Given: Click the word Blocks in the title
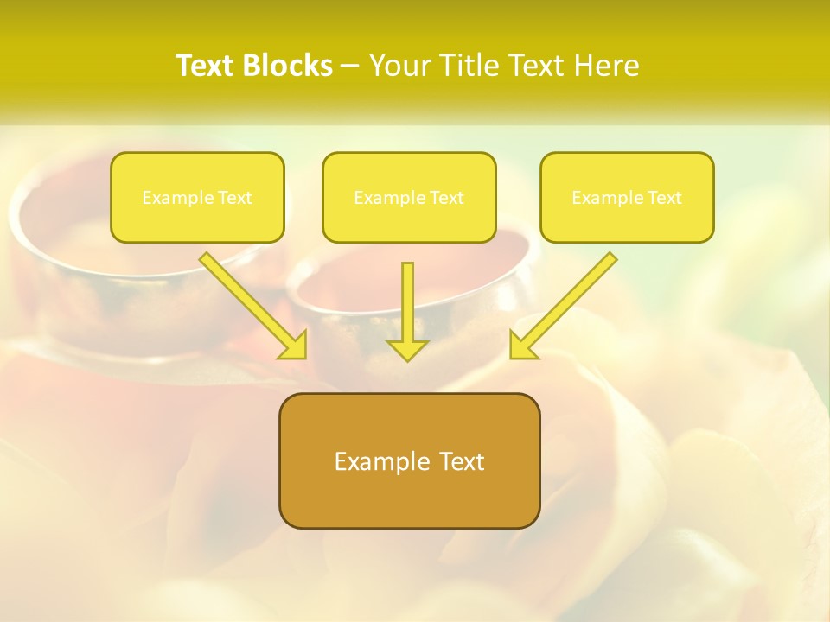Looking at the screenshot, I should [x=290, y=66].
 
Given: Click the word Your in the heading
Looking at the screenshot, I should [x=396, y=66].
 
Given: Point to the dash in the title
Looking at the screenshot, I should [x=350, y=67].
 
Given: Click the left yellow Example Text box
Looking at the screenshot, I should [x=197, y=198].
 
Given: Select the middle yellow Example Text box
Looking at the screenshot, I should [x=409, y=198].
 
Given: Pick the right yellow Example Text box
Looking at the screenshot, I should [x=627, y=198].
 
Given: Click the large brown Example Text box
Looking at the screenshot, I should [x=409, y=460].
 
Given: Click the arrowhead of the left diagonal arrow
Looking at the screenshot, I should [x=294, y=346].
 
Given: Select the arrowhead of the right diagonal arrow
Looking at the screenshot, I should [x=522, y=346].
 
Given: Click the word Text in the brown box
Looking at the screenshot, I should [x=461, y=461].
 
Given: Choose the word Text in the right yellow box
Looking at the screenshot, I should [x=664, y=198].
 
